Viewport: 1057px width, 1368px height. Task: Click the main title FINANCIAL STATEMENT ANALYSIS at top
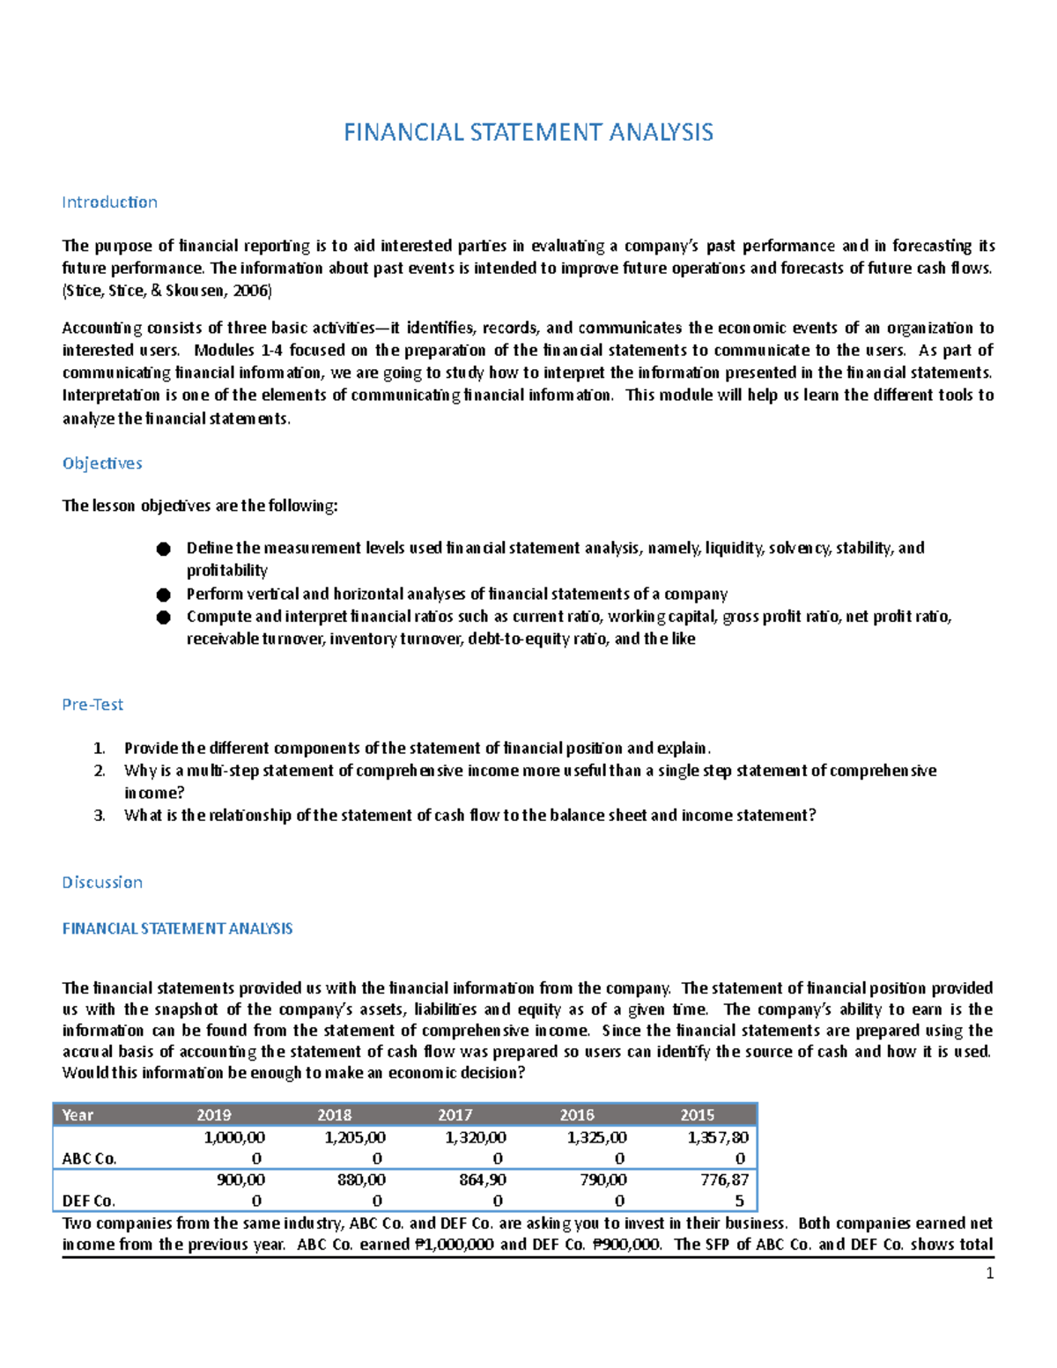click(528, 132)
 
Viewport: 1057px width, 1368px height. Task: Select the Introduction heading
click(109, 202)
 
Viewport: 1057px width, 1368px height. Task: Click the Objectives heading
click(102, 463)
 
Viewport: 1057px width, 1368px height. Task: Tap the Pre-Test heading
click(92, 705)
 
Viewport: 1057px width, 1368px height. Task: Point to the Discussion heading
click(102, 882)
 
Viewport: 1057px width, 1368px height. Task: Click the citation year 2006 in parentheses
click(251, 291)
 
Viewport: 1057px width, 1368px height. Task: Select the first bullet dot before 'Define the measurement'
click(163, 549)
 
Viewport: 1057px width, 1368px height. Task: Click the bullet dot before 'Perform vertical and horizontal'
click(163, 595)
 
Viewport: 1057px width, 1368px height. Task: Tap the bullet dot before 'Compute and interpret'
click(163, 617)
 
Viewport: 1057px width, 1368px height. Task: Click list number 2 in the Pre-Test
click(99, 771)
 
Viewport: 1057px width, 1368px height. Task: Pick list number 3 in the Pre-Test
click(99, 816)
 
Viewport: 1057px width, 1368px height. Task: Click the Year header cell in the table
click(78, 1115)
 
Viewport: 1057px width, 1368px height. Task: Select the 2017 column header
click(455, 1115)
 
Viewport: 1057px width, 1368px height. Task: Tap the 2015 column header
click(697, 1115)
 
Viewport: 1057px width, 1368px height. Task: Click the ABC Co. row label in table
click(89, 1158)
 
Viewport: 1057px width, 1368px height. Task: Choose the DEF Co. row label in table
click(89, 1201)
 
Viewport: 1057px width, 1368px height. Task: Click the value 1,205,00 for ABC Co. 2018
click(355, 1137)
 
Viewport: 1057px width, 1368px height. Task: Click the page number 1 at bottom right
click(989, 1274)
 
